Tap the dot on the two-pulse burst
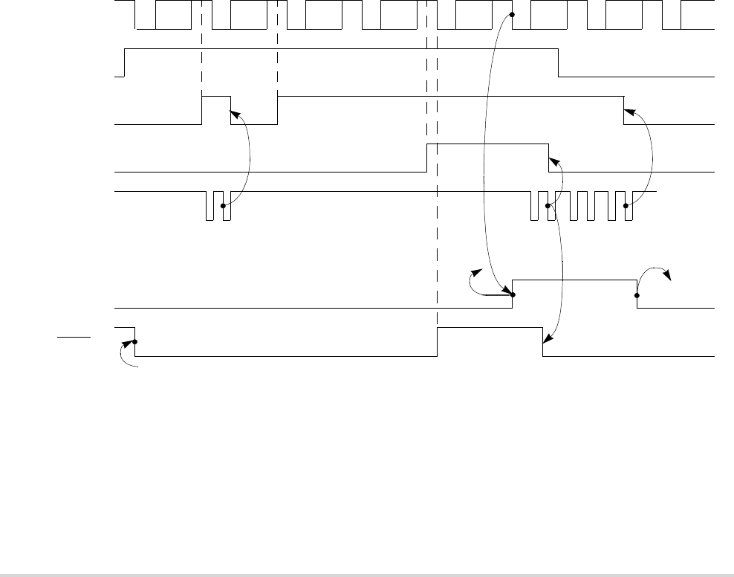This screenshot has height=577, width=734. tap(223, 205)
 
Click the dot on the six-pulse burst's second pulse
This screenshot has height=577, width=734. tap(548, 205)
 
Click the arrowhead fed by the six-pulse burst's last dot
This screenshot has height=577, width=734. tap(626, 112)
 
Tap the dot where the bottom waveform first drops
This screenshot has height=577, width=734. tap(134, 343)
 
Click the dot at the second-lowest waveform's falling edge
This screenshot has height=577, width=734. tap(637, 294)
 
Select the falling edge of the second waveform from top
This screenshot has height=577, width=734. tap(559, 62)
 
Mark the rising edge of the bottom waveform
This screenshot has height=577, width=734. tap(438, 341)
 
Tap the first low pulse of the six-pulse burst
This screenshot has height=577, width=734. tap(534, 207)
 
